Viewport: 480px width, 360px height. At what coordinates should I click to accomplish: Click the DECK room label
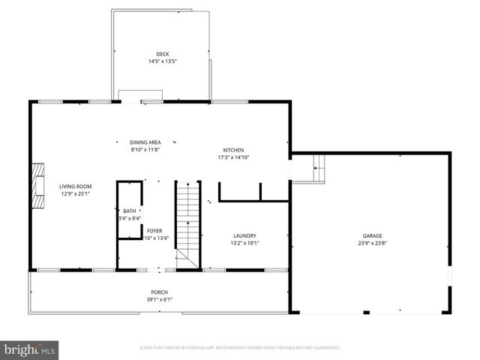point(163,54)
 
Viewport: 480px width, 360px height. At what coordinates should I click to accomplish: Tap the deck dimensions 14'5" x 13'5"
point(163,61)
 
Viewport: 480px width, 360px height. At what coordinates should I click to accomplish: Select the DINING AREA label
point(145,142)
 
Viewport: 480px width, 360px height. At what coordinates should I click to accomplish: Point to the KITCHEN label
point(233,150)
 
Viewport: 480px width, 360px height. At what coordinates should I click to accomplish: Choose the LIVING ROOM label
point(76,186)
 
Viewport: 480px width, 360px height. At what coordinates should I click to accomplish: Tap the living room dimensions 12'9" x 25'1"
point(76,193)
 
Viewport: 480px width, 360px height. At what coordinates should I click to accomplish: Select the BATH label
point(130,211)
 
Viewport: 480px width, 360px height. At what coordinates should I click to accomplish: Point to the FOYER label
point(154,230)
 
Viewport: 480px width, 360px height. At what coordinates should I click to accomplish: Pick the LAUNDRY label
point(244,235)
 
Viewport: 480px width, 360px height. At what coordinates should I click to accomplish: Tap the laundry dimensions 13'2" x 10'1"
point(244,242)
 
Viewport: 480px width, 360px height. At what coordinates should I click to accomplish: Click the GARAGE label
point(372,235)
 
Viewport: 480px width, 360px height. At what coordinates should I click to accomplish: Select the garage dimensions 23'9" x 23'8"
point(372,242)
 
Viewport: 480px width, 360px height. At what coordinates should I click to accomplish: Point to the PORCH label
point(159,292)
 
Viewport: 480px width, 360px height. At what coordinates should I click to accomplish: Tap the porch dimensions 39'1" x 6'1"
point(159,299)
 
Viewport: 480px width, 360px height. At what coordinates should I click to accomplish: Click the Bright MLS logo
point(30,349)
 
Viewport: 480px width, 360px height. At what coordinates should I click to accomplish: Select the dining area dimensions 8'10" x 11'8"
point(145,149)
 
